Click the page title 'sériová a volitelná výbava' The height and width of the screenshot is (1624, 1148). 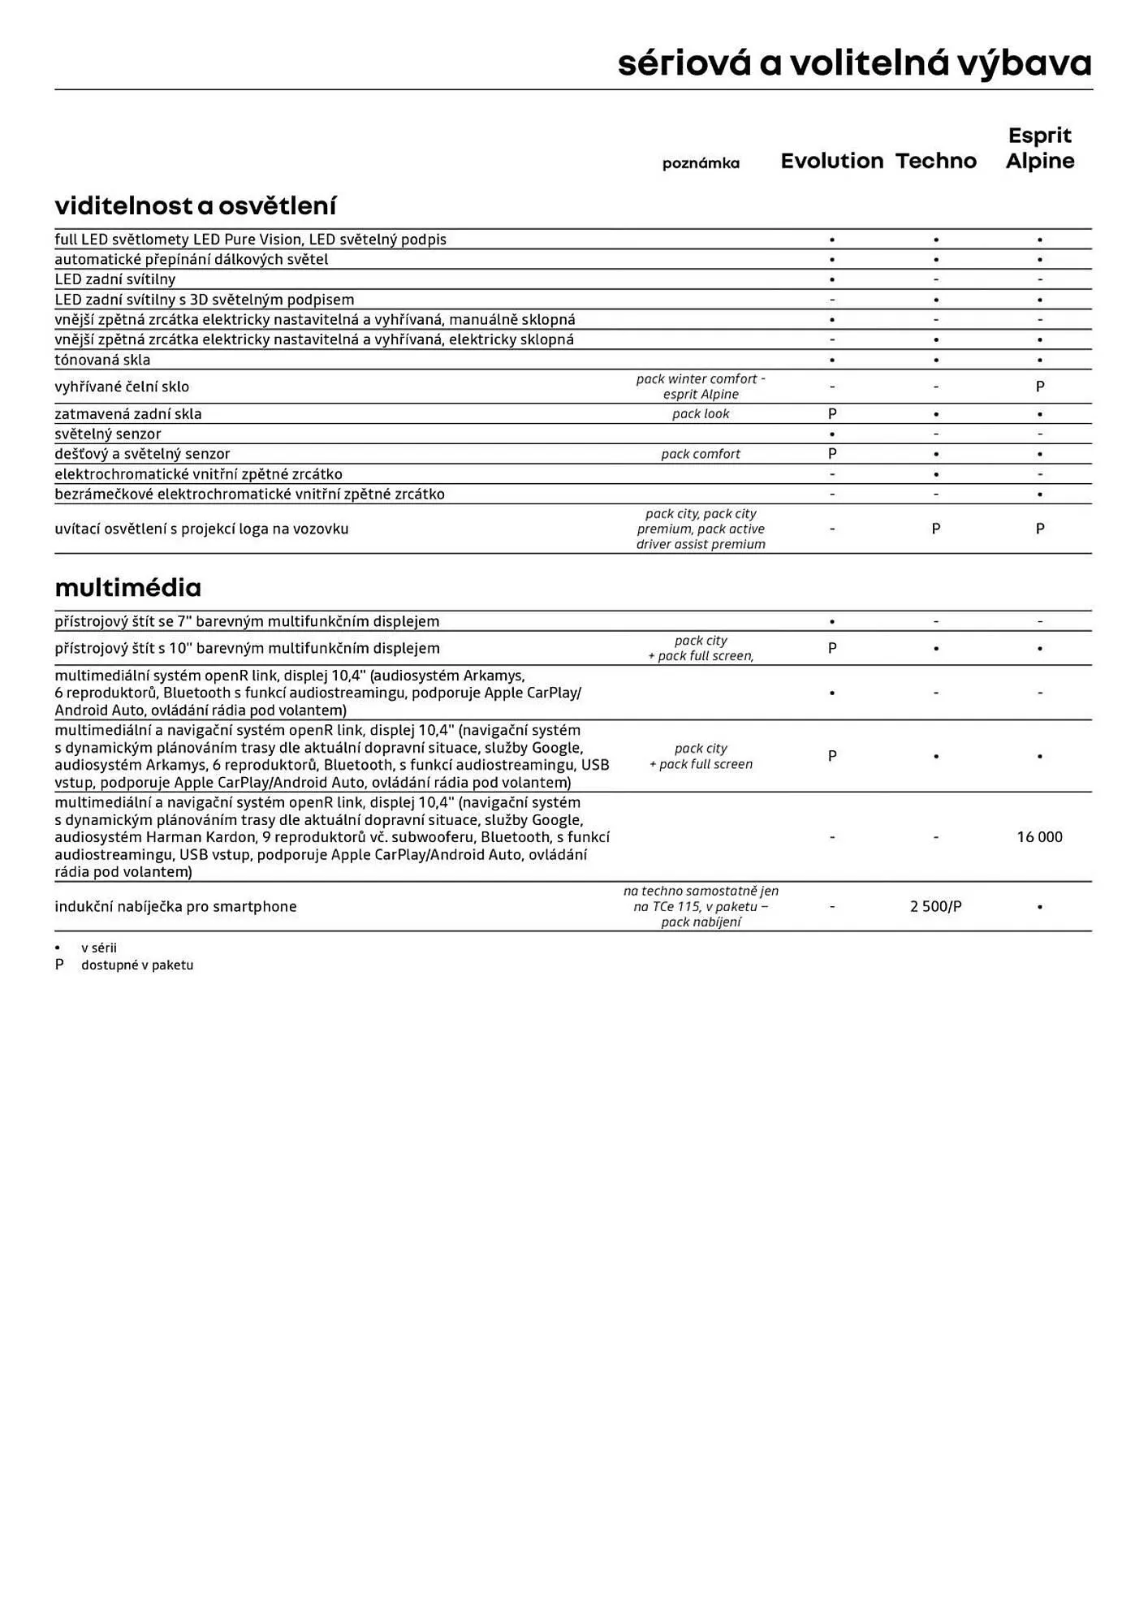(x=854, y=63)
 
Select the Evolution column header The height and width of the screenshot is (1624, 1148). (x=831, y=161)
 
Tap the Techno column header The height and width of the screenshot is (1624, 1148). (x=935, y=161)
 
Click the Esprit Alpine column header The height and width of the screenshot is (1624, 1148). (x=1039, y=148)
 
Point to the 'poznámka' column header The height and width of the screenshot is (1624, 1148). (x=701, y=163)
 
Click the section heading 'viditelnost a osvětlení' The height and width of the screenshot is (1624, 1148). (x=195, y=205)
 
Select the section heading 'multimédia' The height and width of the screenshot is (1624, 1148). (x=127, y=587)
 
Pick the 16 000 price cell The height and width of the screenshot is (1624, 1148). (x=1039, y=837)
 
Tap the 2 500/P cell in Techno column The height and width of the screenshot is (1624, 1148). (x=935, y=906)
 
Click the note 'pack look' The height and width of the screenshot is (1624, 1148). (x=701, y=414)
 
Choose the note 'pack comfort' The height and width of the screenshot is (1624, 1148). (x=701, y=454)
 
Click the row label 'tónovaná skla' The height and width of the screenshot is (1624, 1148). (x=102, y=360)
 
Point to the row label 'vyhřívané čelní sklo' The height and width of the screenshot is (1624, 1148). (x=122, y=387)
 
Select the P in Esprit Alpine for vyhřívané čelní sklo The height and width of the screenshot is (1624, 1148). (x=1039, y=387)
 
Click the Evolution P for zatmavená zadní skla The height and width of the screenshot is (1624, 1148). (x=831, y=414)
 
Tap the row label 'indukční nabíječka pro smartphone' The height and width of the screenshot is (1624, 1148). (x=175, y=906)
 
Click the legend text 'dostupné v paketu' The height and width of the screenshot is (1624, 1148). (x=137, y=965)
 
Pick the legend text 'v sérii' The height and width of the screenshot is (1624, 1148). (x=99, y=948)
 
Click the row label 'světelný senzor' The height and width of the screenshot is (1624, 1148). (x=108, y=434)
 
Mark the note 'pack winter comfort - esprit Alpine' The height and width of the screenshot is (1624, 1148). (x=701, y=387)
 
